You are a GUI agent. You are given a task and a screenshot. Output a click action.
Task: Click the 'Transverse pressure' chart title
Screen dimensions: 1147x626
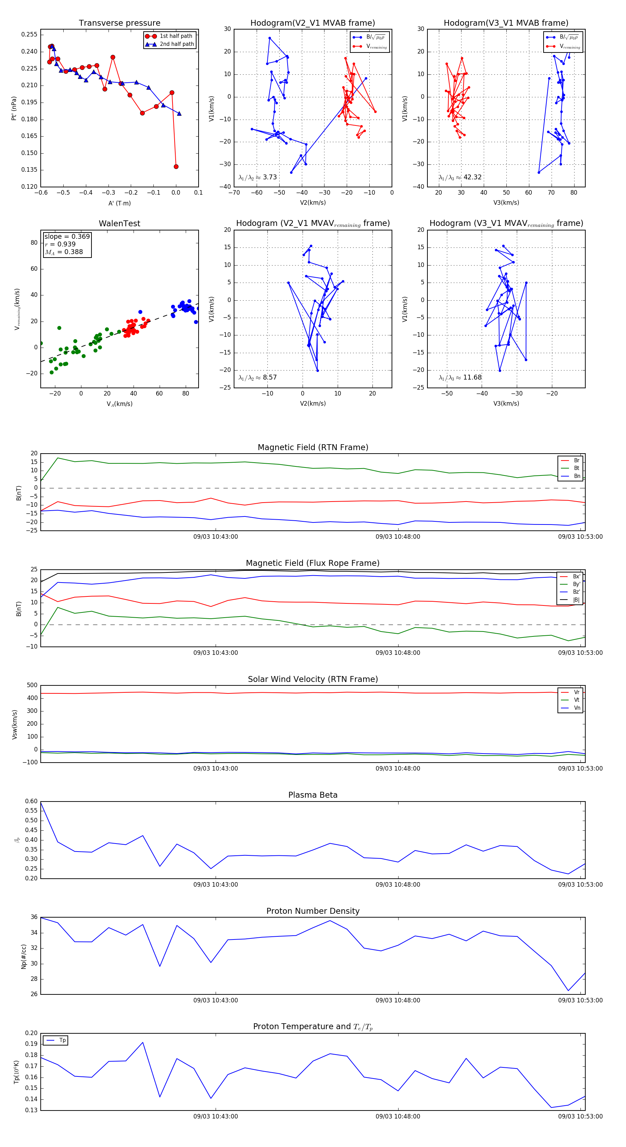pos(119,23)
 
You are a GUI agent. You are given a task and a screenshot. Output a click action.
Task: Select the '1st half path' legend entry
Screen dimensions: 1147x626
pos(176,36)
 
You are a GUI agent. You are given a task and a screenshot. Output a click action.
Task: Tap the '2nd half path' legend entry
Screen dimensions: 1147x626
pos(176,44)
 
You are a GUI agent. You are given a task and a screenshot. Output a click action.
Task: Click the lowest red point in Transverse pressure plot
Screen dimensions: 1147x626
pos(176,166)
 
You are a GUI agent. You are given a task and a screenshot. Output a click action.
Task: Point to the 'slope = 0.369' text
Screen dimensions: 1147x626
pos(67,236)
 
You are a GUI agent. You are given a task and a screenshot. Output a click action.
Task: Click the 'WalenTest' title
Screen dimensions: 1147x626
pos(119,223)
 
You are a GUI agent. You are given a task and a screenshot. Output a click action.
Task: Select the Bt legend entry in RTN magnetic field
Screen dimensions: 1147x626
pos(576,468)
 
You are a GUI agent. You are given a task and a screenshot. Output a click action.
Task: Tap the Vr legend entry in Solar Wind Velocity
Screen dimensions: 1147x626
pos(576,692)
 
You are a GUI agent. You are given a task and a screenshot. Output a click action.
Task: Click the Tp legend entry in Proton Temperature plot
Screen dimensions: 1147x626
pos(62,1040)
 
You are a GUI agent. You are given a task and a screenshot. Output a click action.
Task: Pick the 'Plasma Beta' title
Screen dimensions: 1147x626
pos(313,795)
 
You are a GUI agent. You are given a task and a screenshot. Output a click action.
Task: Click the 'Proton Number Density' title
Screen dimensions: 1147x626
pos(313,911)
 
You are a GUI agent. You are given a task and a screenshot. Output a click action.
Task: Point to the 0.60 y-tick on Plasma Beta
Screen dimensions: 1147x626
pos(32,802)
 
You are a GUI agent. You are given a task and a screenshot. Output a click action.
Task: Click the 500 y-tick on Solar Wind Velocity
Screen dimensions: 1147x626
pos(32,685)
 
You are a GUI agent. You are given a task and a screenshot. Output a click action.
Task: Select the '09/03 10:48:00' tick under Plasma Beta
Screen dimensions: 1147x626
pos(398,884)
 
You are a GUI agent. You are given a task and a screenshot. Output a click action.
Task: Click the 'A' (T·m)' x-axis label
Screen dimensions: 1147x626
pos(119,203)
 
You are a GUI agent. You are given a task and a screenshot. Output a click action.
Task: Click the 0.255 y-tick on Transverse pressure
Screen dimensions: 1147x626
pos(30,35)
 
